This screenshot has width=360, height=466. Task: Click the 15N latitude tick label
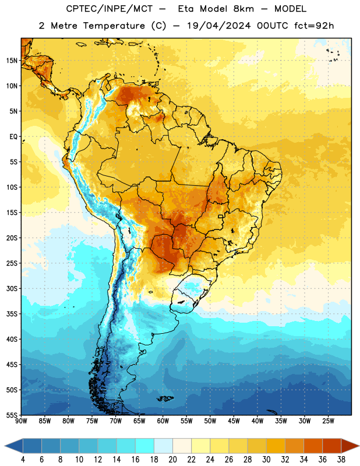click(x=12, y=61)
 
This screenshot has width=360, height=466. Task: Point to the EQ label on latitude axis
click(x=13, y=137)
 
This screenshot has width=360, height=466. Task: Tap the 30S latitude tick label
click(x=12, y=289)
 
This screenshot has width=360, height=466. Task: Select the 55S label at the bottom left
click(x=12, y=415)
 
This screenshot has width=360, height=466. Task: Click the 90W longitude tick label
click(x=22, y=421)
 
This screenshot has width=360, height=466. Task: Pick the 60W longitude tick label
click(x=163, y=421)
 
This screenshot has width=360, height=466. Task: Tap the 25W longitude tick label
click(x=328, y=421)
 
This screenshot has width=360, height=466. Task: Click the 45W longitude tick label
click(x=234, y=421)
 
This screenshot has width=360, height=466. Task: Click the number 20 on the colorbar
click(x=172, y=460)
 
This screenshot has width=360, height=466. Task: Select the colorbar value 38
click(x=341, y=460)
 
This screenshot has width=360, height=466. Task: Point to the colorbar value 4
click(x=23, y=460)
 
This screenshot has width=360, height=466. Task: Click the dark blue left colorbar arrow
click(x=13, y=446)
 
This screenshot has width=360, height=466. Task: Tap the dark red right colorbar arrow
click(x=350, y=446)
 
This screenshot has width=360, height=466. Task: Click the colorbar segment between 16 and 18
click(x=145, y=446)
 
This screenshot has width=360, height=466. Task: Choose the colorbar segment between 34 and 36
click(x=313, y=446)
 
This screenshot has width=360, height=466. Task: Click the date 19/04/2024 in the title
click(x=219, y=26)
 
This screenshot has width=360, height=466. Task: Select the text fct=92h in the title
click(x=314, y=26)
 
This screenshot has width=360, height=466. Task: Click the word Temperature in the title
click(x=114, y=26)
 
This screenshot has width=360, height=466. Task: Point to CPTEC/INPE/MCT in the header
click(x=109, y=9)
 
